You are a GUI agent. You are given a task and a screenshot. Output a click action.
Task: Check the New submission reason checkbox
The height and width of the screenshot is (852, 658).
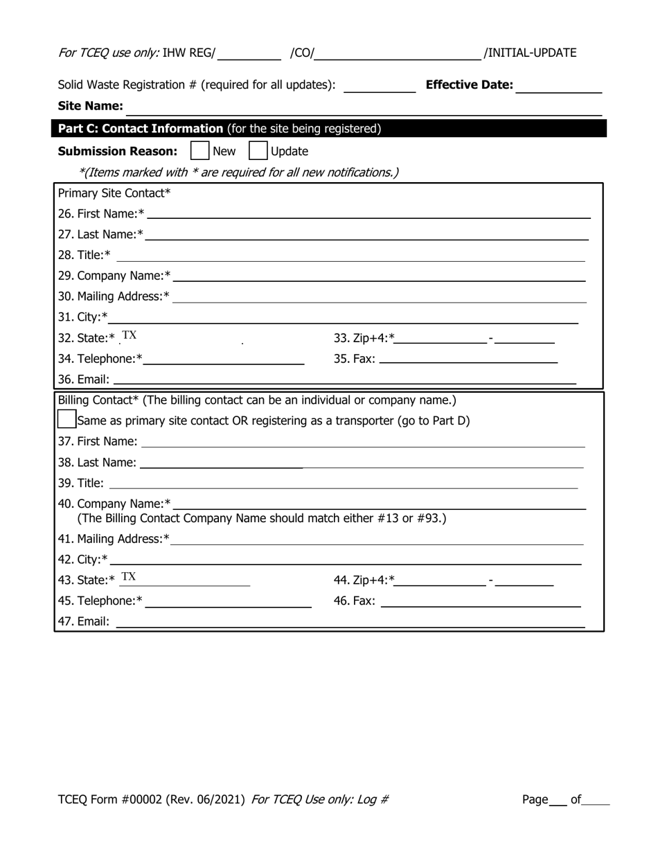click(x=199, y=151)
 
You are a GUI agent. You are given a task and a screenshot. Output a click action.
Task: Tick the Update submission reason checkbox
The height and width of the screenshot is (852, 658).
click(x=258, y=151)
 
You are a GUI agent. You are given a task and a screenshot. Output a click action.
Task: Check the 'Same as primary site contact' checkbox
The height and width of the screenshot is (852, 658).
click(x=66, y=419)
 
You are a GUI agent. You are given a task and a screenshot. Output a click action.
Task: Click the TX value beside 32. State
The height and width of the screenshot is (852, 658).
click(x=130, y=336)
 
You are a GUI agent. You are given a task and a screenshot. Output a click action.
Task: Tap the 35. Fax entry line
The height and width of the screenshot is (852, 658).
click(x=468, y=358)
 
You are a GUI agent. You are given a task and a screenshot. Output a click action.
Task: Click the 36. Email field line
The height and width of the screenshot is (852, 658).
click(x=344, y=379)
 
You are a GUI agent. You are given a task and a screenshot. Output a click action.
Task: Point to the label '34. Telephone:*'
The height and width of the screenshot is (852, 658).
click(x=100, y=359)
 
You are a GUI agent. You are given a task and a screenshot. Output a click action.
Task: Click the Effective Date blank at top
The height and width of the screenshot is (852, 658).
click(x=558, y=87)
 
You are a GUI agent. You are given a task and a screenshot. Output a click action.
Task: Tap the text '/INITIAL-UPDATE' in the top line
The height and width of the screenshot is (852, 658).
click(x=530, y=53)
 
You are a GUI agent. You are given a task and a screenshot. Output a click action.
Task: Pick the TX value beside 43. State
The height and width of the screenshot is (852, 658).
click(x=129, y=578)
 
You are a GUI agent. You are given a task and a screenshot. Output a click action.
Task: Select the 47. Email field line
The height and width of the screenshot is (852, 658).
click(x=350, y=622)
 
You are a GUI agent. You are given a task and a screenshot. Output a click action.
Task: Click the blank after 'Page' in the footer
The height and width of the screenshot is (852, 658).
click(x=558, y=801)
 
